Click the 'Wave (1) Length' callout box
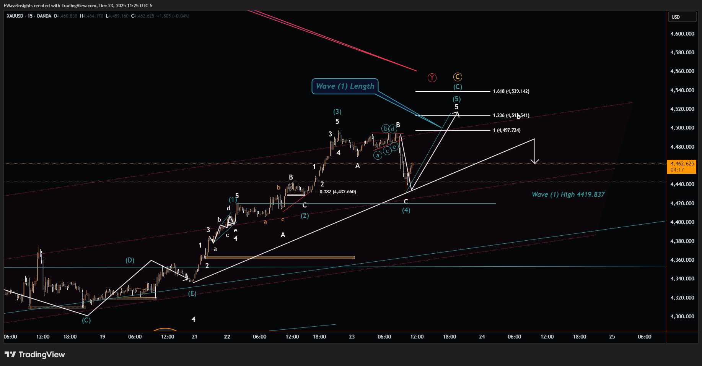coord(345,86)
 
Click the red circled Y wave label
coord(432,78)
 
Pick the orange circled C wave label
coord(457,77)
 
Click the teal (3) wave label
coord(337,112)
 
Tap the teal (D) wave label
coord(130,260)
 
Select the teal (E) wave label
coord(192,293)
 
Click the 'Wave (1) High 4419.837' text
coord(568,194)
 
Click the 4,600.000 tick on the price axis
coord(682,34)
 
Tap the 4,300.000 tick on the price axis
coord(682,316)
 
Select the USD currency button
coord(682,17)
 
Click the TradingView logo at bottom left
coord(35,355)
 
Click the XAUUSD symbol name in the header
coord(15,16)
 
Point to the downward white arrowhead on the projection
coord(535,161)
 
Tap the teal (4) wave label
coord(406,210)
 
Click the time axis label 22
coord(227,337)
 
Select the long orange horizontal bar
coord(280,257)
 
